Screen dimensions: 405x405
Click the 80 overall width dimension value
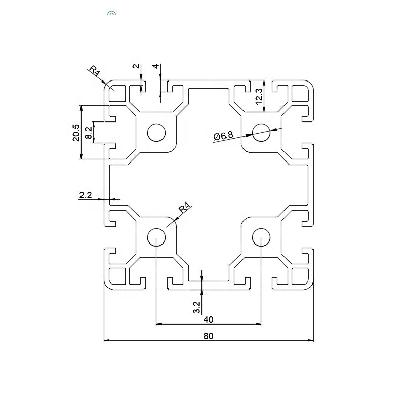(208, 335)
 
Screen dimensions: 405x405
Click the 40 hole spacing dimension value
(208, 319)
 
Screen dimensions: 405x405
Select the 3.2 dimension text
(197, 307)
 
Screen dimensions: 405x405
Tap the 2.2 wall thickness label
(86, 195)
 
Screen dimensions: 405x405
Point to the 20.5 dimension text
(76, 133)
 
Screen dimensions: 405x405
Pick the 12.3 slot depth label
(259, 96)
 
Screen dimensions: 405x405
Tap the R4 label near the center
(185, 209)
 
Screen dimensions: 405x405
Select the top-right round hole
(261, 133)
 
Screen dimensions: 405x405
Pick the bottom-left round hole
(156, 237)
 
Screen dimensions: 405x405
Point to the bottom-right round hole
(261, 237)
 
